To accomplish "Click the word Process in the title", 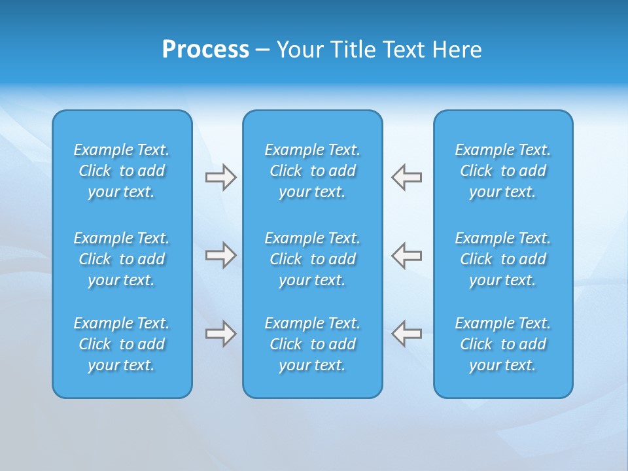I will point(205,50).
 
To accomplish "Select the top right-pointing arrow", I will point(220,177).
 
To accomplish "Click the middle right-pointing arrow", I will point(220,254).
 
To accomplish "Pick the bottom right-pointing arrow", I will point(220,334).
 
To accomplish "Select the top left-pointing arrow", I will point(407,177).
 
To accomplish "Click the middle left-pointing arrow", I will point(407,254).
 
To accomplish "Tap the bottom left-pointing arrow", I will point(407,334).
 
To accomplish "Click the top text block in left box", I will point(122,171).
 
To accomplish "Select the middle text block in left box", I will point(122,259).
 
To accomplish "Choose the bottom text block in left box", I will point(122,344).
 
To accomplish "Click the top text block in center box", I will point(313,171).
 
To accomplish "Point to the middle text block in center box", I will point(313,259).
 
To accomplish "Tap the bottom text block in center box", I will point(313,344).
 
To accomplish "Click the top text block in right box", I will point(503,171).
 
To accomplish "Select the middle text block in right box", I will point(503,259).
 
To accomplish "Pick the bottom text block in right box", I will point(503,344).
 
